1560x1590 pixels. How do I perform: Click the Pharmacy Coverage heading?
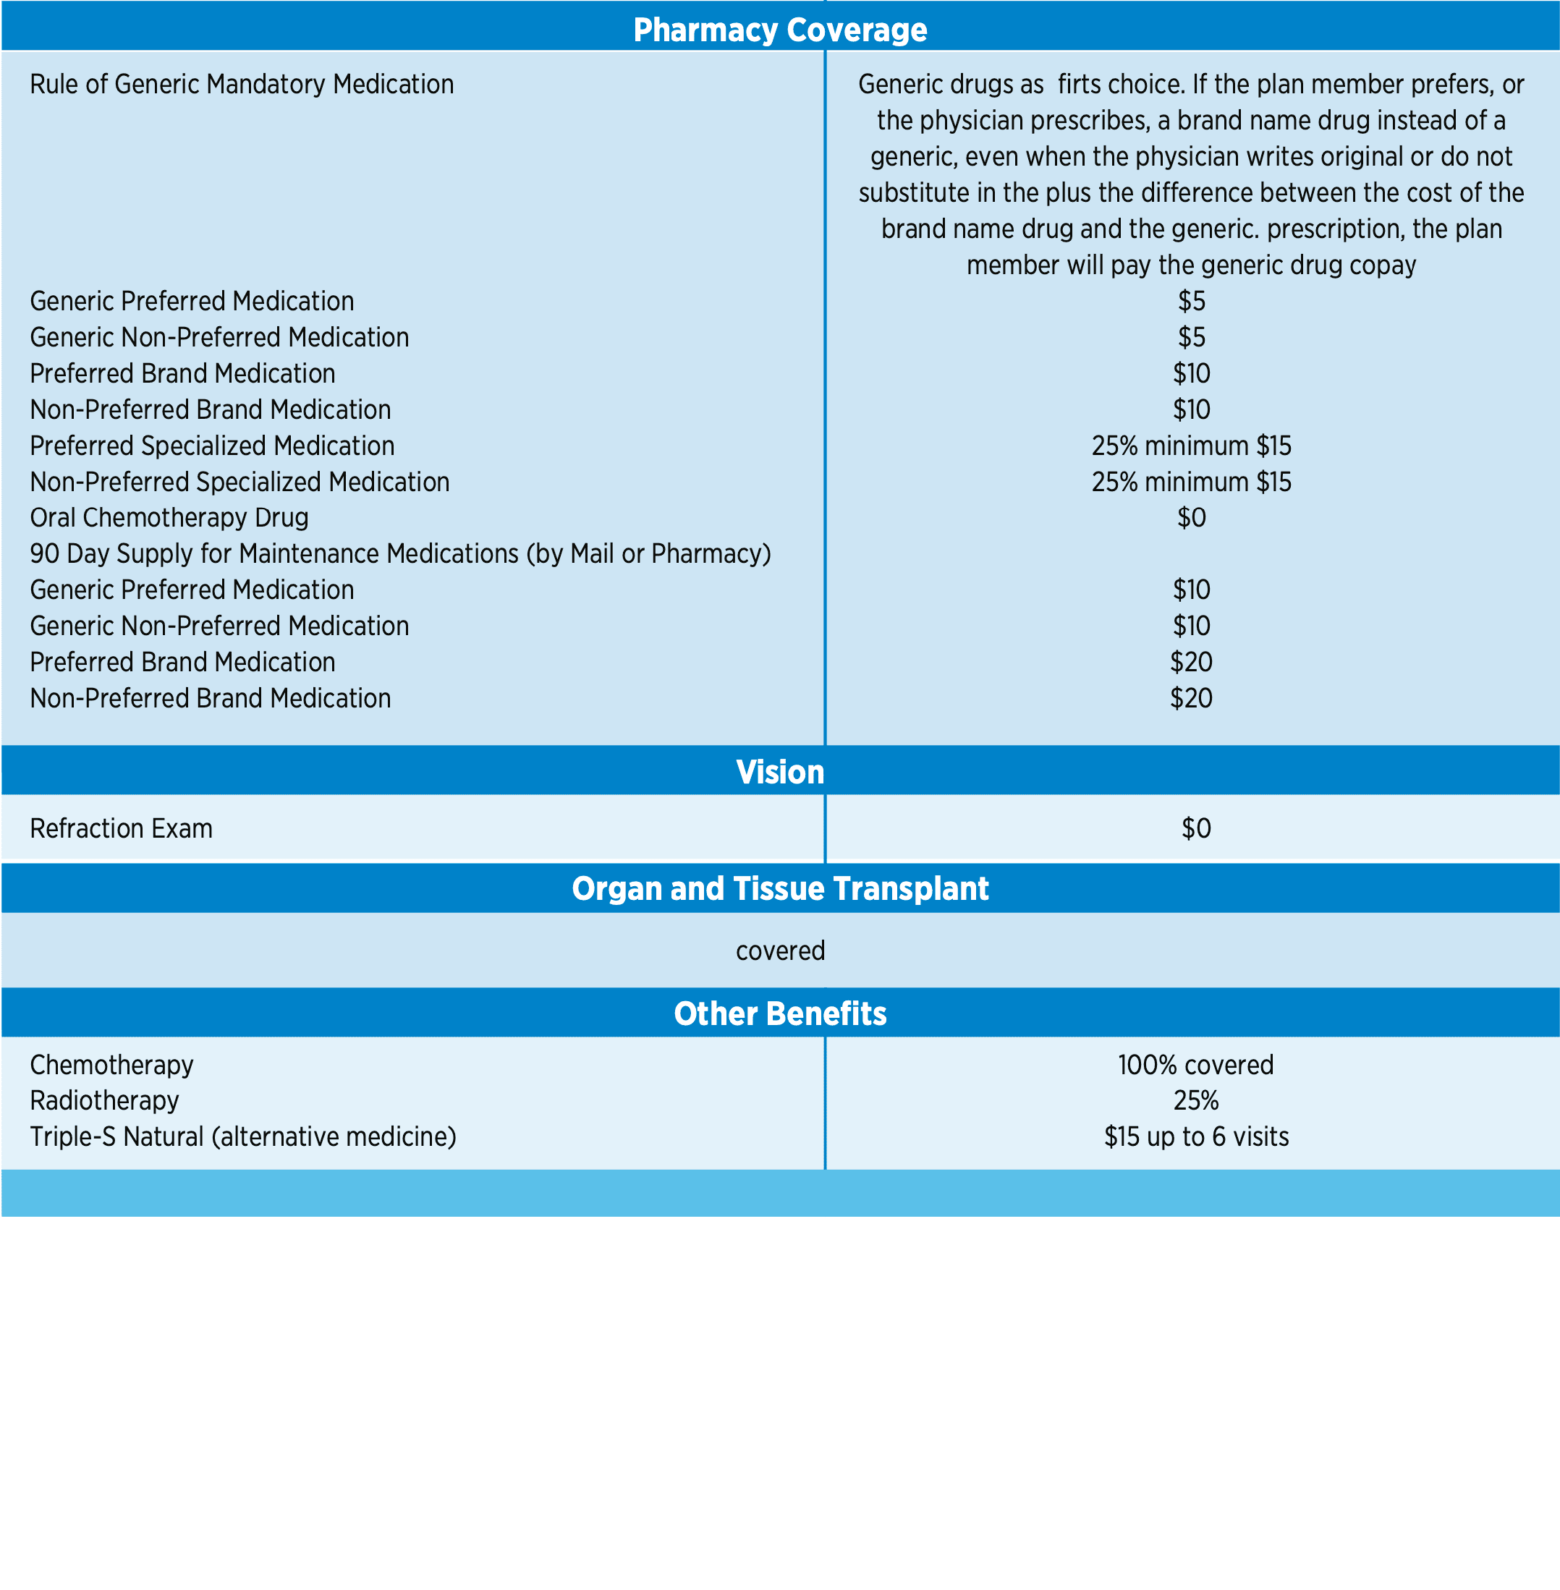click(779, 30)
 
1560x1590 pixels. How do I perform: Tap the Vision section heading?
click(779, 772)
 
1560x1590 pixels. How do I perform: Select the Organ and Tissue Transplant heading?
click(779, 889)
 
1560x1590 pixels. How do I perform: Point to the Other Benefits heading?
click(779, 1014)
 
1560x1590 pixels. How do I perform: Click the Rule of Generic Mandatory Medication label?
click(242, 85)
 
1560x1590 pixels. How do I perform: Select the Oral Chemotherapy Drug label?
click(169, 518)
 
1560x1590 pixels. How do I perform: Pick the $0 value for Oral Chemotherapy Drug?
click(1190, 518)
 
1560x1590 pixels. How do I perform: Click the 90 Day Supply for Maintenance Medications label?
click(400, 554)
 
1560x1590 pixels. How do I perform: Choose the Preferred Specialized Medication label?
click(212, 446)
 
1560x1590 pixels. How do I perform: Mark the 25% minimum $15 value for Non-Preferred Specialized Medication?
click(1190, 482)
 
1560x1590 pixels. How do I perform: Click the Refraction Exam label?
click(122, 829)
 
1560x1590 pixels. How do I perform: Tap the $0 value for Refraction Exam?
click(1195, 829)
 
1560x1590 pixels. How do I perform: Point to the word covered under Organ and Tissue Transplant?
click(779, 951)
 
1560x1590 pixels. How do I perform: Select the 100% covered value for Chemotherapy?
click(1195, 1065)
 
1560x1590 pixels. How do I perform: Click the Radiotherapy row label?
click(104, 1101)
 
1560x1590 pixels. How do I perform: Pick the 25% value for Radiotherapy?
click(1195, 1101)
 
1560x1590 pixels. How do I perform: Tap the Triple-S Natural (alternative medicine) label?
click(242, 1137)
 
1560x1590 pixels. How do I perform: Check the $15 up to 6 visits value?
click(1195, 1137)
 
